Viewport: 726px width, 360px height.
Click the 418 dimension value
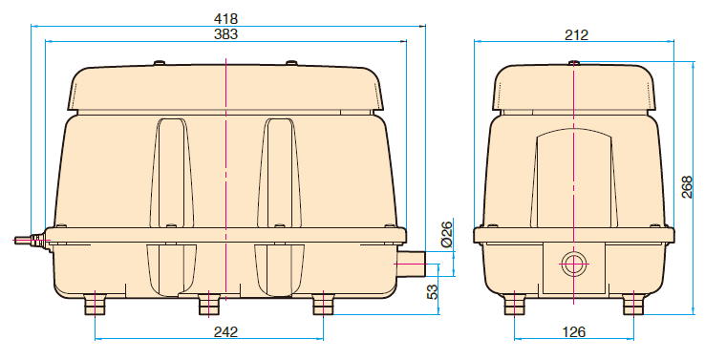point(226,19)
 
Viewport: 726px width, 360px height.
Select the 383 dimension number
point(226,34)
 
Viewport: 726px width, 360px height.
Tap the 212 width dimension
point(576,34)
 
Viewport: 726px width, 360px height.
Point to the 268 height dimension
point(687,187)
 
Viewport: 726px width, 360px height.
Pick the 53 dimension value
point(432,292)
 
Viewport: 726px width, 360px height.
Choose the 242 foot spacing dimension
point(225,331)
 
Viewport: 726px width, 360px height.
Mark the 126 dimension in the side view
point(574,331)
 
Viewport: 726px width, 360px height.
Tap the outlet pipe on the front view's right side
point(411,264)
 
